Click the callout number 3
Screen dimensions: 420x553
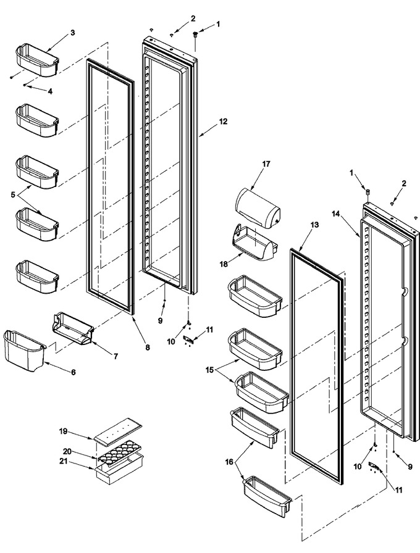pos(73,33)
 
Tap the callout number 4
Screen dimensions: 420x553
pos(50,91)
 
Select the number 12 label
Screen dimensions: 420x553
pos(223,122)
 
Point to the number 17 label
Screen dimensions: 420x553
pos(266,164)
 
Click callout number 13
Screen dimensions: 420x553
pos(314,225)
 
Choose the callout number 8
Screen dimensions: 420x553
pos(148,347)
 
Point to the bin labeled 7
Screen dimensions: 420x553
pos(73,328)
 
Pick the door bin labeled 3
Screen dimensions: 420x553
pos(36,60)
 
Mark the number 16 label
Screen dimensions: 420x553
pos(229,462)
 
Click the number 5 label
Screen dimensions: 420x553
pos(13,194)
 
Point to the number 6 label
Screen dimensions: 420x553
pos(73,372)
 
